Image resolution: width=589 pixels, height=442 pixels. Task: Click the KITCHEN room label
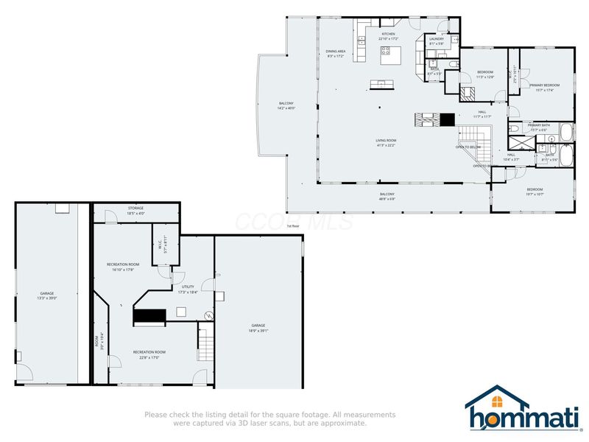pyautogui.click(x=387, y=34)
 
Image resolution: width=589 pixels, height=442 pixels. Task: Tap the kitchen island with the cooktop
pyautogui.click(x=387, y=52)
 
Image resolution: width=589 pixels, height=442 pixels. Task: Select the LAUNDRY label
pyautogui.click(x=436, y=39)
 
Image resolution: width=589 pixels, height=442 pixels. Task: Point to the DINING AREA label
pyautogui.click(x=336, y=52)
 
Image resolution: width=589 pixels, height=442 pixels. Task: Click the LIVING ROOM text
pyautogui.click(x=386, y=141)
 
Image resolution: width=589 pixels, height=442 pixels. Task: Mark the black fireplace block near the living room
pyautogui.click(x=447, y=118)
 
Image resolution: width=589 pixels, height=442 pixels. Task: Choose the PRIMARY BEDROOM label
pyautogui.click(x=544, y=85)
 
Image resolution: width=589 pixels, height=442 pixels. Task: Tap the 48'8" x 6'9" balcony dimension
pyautogui.click(x=387, y=199)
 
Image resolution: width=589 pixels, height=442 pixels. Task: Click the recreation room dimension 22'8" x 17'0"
pyautogui.click(x=149, y=358)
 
